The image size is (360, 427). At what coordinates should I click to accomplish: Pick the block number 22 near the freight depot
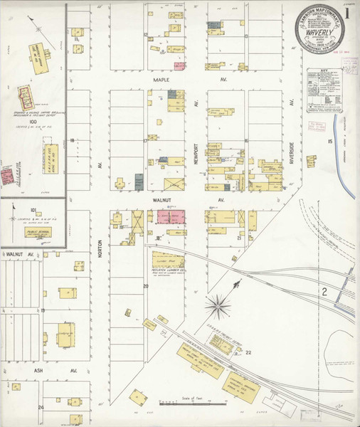coord(248,352)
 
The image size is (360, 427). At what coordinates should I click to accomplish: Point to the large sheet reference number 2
coord(323,292)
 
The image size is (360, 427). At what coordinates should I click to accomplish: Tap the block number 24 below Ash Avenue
coord(41,406)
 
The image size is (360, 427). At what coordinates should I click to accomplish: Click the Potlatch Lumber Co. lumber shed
coord(168,260)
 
